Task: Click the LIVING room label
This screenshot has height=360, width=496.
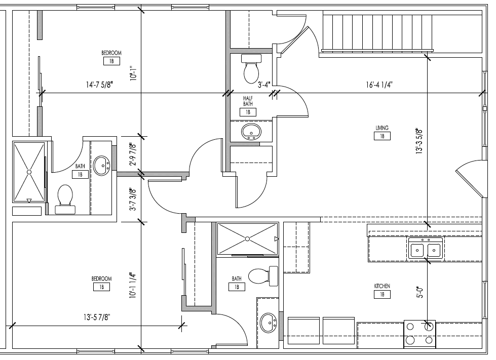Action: point(382,128)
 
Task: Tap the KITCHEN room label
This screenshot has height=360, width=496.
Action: point(382,286)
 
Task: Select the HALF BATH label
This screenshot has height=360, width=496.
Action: point(248,101)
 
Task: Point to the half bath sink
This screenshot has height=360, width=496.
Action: point(251,132)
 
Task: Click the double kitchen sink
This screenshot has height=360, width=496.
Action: point(426,248)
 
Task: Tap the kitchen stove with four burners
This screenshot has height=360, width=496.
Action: point(420,334)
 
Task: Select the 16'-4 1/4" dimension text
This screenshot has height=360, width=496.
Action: point(379,85)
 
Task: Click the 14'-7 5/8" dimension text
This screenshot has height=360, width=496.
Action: point(99,85)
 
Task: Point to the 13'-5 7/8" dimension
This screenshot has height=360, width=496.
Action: point(97,317)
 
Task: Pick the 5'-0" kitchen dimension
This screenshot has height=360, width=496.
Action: point(420,292)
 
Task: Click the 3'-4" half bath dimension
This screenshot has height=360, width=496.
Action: point(264,85)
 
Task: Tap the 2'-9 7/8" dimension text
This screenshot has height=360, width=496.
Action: point(133,154)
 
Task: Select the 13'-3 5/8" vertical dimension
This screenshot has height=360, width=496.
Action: point(419,141)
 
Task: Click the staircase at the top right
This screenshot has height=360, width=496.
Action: point(377,31)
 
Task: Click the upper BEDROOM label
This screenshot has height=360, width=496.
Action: point(111,53)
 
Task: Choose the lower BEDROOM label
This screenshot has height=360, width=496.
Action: point(101,279)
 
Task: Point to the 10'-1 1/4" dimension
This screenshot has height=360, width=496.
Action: point(133,286)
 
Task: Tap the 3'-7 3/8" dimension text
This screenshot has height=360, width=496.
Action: point(133,200)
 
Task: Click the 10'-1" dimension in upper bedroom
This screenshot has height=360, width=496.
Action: point(133,73)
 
